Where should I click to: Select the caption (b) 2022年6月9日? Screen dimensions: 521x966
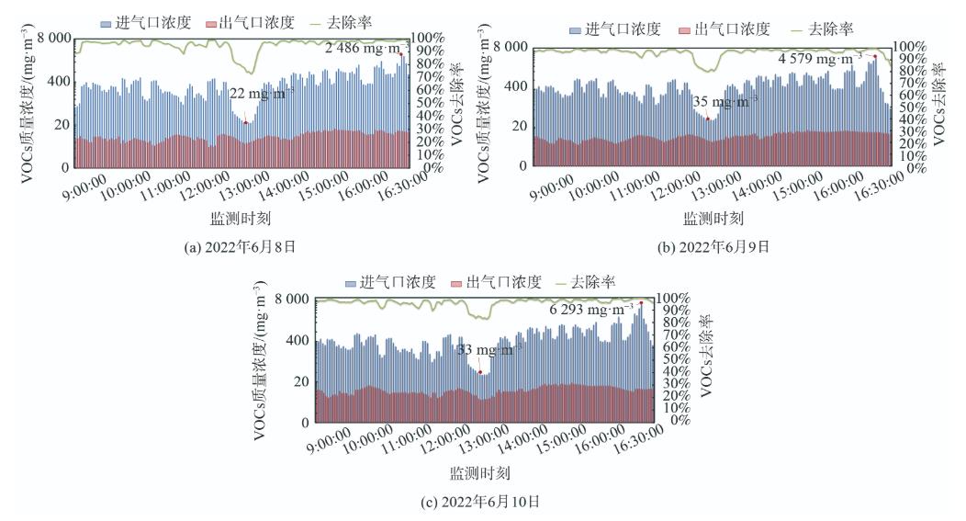[713, 245]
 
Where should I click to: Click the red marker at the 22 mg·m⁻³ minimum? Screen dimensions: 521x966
[245, 122]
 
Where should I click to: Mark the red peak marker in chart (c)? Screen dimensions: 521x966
[641, 303]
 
